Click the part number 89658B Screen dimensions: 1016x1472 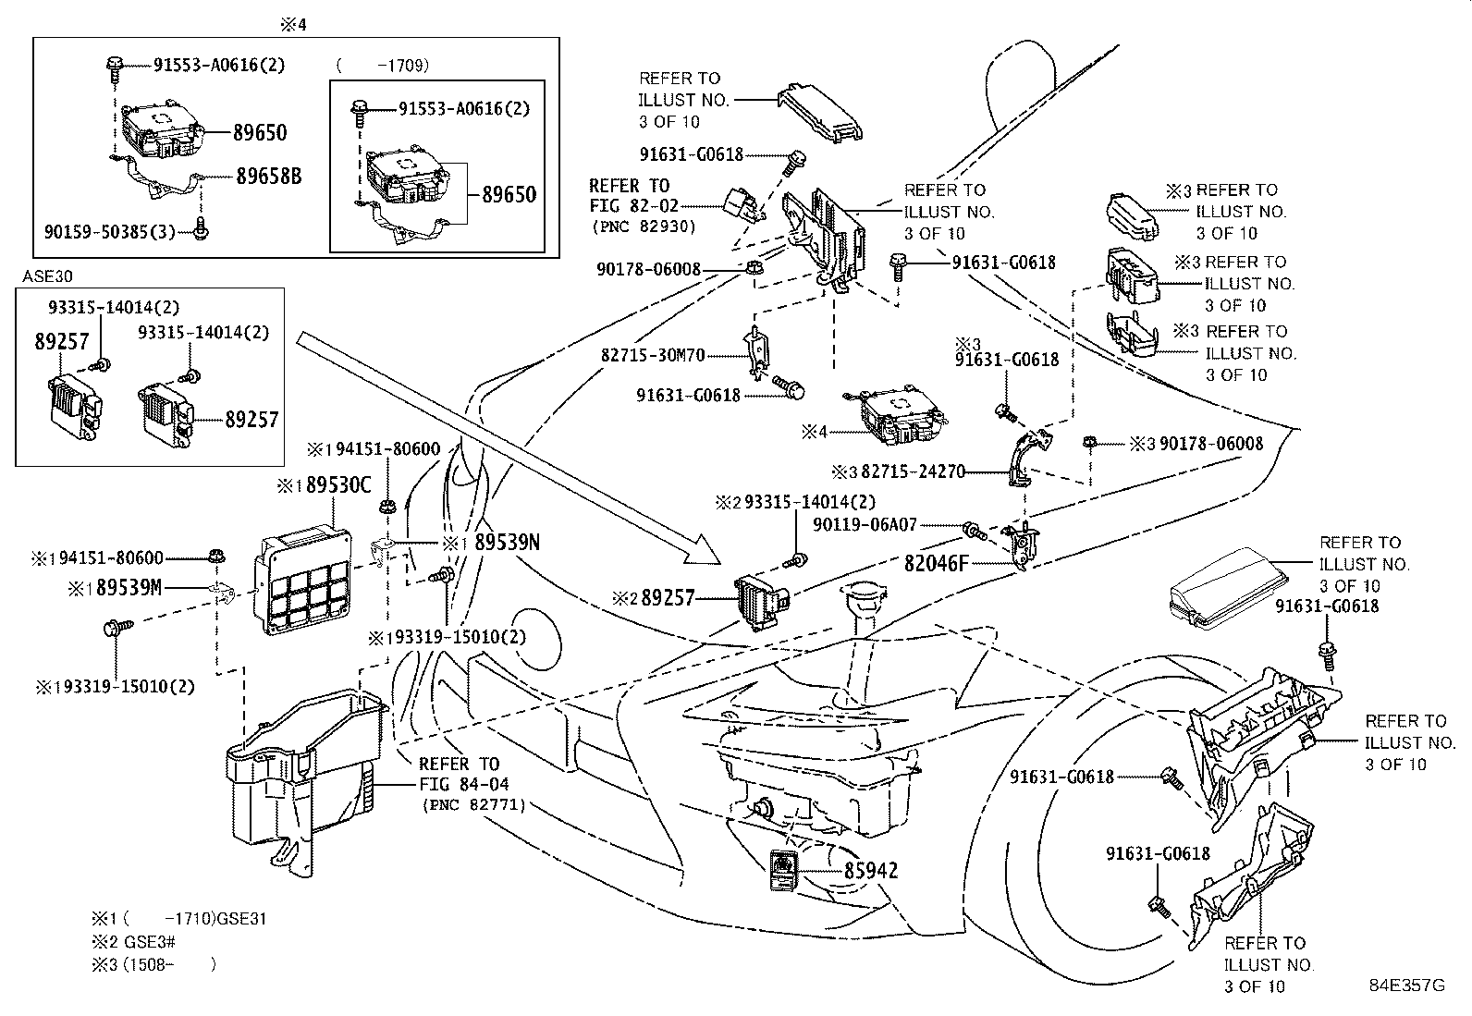click(268, 176)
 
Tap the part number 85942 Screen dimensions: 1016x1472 click(870, 870)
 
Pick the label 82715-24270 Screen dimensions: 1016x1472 click(913, 471)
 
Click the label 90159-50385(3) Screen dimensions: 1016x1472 click(109, 231)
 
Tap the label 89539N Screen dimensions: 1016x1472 click(506, 543)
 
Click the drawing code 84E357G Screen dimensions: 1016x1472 click(1406, 985)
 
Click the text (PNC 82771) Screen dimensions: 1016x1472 click(473, 805)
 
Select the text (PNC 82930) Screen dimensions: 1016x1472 click(642, 226)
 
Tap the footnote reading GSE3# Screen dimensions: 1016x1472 click(150, 942)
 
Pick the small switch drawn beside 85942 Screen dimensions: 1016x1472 click(784, 870)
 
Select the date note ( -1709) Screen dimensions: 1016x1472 click(383, 66)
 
